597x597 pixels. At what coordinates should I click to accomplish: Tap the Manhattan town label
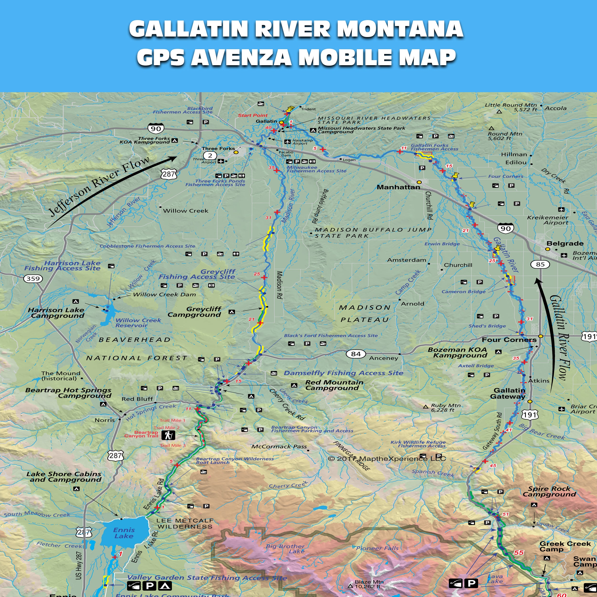tap(398, 187)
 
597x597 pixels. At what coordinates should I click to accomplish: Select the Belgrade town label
tap(565, 244)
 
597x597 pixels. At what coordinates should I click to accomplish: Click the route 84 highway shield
tap(356, 354)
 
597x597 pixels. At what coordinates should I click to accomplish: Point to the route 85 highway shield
tap(540, 264)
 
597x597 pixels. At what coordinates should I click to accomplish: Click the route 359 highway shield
tap(33, 279)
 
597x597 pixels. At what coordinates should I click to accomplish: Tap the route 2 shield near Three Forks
tap(210, 155)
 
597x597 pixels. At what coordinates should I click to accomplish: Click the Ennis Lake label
tap(124, 533)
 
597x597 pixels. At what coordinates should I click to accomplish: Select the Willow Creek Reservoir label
tap(138, 323)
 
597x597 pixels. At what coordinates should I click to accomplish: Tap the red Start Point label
tap(252, 115)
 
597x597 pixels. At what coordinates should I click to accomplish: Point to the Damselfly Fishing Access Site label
tap(343, 373)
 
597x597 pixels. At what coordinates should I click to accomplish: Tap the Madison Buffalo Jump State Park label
tap(373, 233)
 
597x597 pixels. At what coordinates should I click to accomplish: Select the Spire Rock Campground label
tap(549, 491)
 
